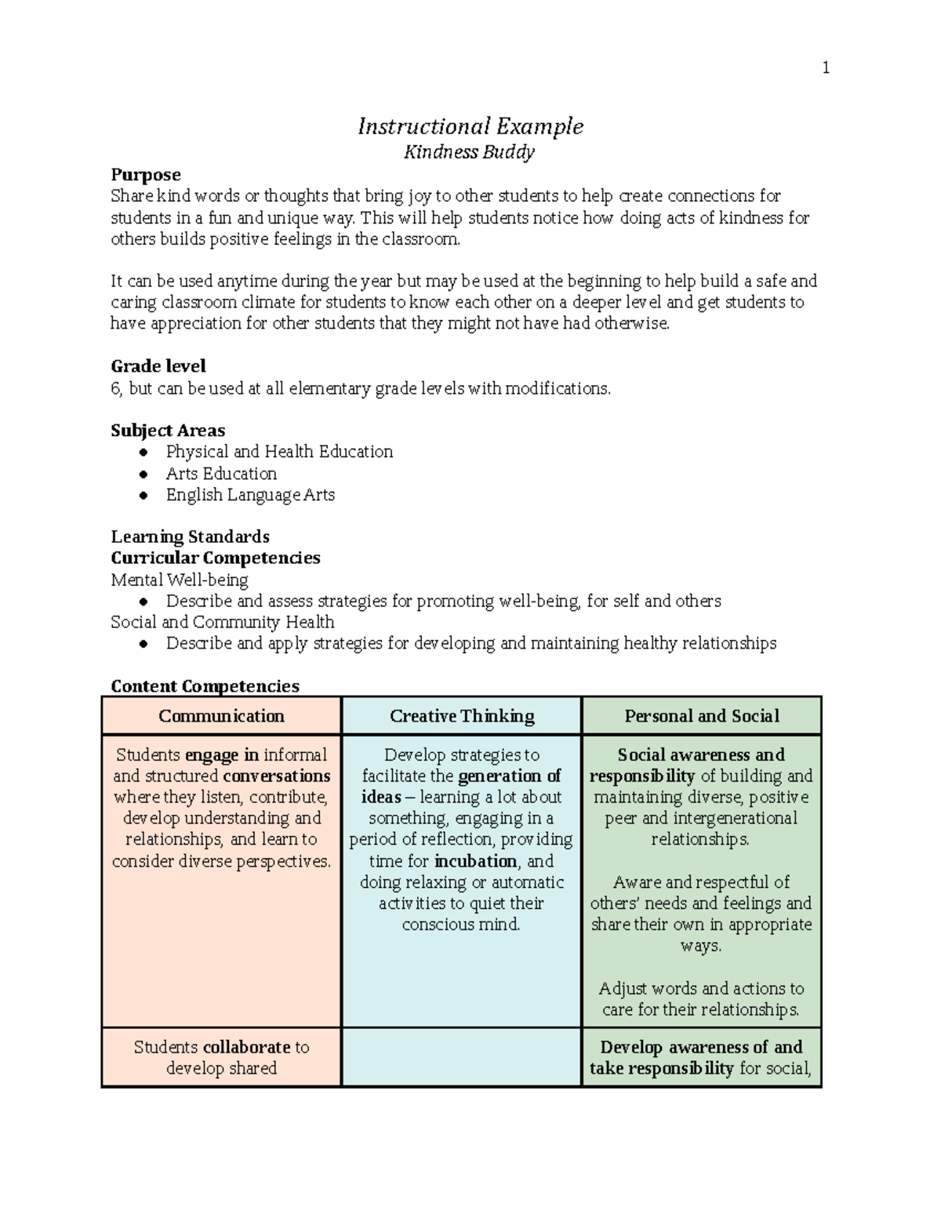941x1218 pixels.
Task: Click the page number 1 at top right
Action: [825, 68]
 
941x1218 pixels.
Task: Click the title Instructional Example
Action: [470, 126]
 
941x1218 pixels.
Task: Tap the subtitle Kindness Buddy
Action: [469, 151]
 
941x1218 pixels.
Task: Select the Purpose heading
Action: [146, 174]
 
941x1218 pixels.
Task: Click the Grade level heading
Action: [158, 366]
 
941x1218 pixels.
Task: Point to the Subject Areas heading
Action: [168, 431]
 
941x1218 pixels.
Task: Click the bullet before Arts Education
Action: [143, 474]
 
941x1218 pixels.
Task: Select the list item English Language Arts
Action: [250, 495]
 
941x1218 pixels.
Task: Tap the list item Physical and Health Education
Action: [279, 452]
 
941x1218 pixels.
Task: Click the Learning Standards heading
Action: [190, 537]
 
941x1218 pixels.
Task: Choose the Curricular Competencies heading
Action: [215, 558]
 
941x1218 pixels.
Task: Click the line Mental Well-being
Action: [180, 580]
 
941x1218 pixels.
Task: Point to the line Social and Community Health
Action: [223, 622]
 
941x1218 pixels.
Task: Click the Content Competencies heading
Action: [205, 686]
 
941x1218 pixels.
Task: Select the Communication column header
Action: [221, 716]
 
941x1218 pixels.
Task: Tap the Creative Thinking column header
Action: [462, 716]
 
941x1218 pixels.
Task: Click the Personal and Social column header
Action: [702, 716]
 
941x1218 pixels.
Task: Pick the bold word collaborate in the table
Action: [246, 1047]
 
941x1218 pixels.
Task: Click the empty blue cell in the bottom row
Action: [462, 1057]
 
